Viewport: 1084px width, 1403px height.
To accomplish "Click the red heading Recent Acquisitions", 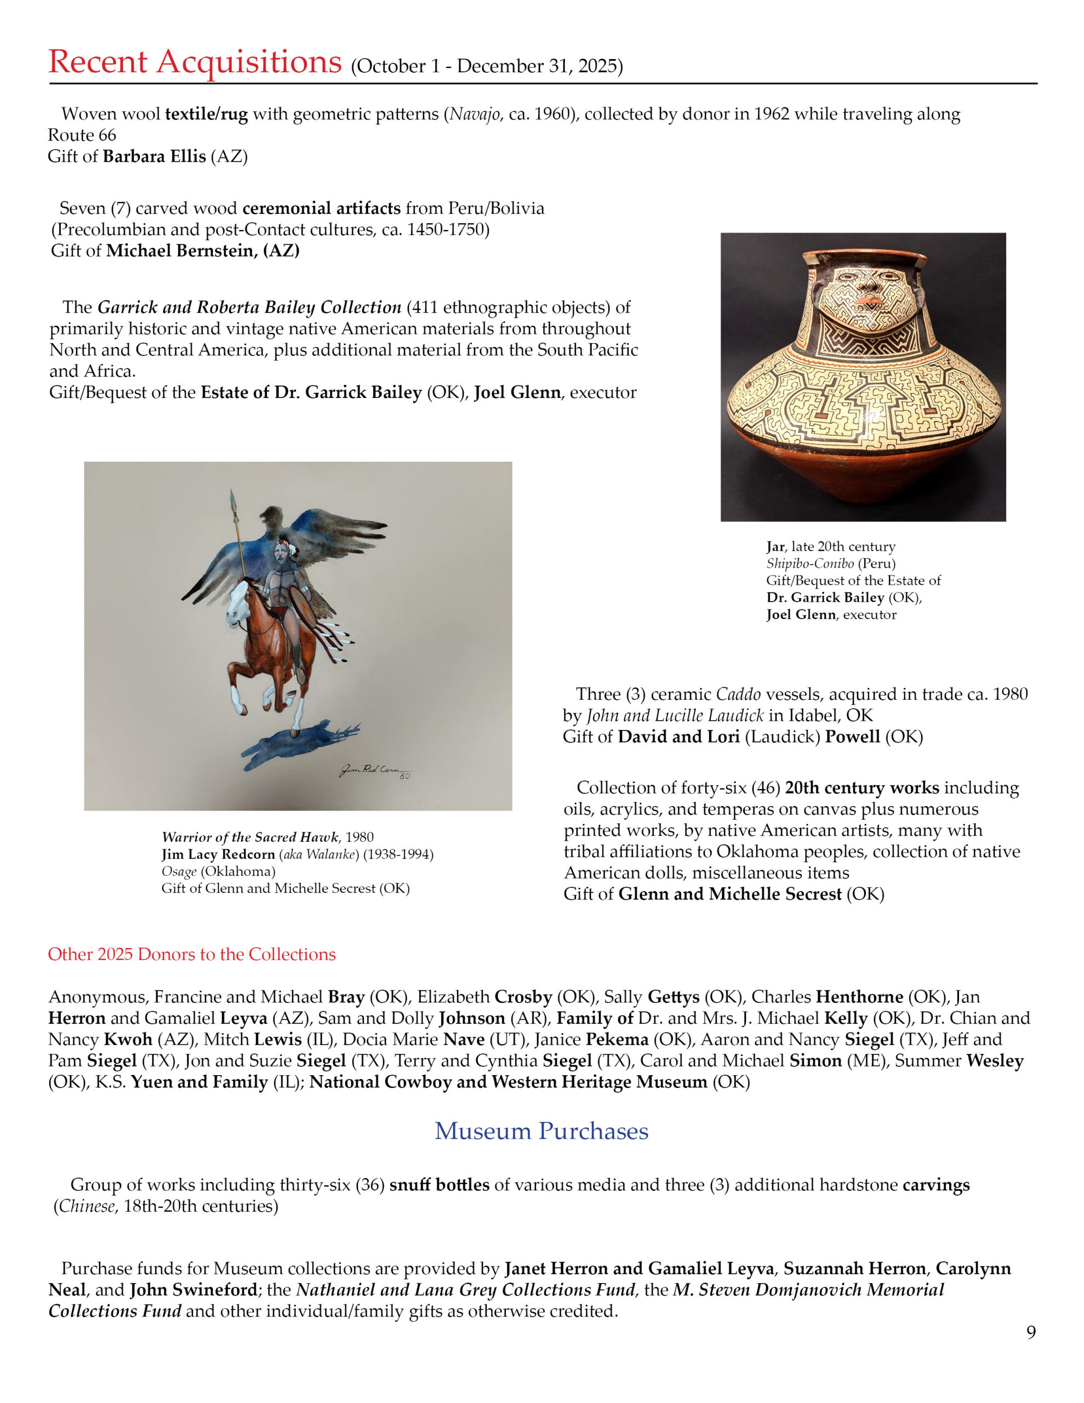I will (195, 62).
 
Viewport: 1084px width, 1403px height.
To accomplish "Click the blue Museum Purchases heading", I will (541, 1131).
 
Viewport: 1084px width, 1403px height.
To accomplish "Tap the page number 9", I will (1031, 1332).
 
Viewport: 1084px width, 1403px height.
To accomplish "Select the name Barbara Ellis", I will (154, 156).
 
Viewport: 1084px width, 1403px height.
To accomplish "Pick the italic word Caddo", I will (738, 694).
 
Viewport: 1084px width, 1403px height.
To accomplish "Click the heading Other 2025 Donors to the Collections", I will (191, 954).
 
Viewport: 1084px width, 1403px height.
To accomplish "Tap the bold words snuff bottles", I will (439, 1184).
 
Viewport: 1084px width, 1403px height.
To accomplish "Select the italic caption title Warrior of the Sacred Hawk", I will (250, 837).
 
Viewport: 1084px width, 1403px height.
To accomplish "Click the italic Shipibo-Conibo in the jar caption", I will (809, 563).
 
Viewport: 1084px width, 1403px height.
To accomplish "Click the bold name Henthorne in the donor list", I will (859, 997).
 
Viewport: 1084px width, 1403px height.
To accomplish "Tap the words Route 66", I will (82, 135).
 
